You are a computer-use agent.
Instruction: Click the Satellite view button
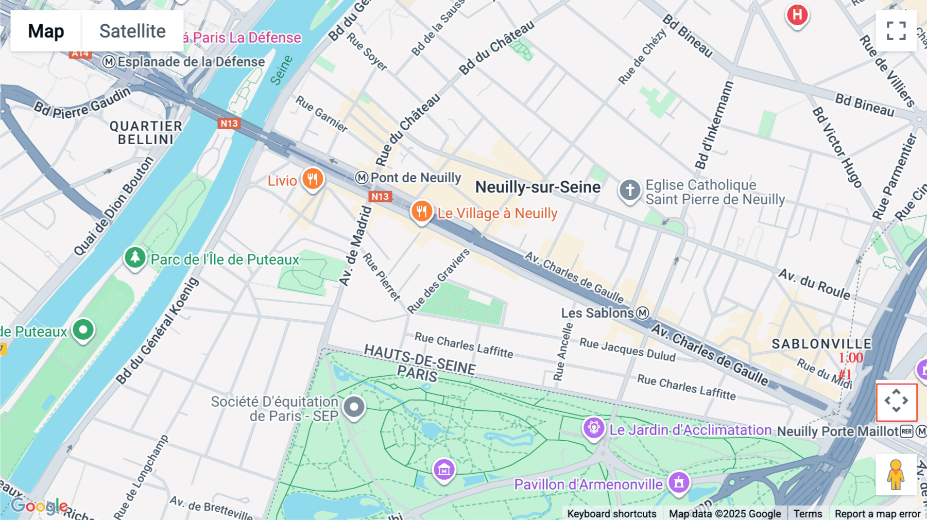(132, 31)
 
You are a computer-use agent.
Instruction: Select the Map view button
(46, 31)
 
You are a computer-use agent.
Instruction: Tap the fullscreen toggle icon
(896, 31)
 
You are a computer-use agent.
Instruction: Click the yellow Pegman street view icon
(896, 474)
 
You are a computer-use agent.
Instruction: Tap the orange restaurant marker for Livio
(312, 179)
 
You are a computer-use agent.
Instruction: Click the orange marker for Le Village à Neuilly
(421, 211)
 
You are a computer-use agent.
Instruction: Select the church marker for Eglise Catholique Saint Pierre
(629, 190)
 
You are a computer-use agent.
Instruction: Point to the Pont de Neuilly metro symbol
(362, 178)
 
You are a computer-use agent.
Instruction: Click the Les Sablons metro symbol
(642, 313)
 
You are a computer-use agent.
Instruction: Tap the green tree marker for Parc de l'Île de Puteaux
(135, 257)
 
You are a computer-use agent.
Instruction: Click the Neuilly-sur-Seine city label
(538, 187)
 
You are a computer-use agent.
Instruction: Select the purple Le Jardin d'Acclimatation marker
(593, 428)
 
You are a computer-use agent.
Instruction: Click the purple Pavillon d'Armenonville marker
(679, 483)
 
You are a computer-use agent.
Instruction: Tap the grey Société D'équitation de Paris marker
(354, 407)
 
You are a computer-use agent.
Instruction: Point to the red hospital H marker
(797, 15)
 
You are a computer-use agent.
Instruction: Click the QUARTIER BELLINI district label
(146, 133)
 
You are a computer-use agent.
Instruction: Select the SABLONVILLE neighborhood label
(821, 344)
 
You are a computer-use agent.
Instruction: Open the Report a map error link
(877, 513)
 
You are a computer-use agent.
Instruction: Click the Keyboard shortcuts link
(611, 513)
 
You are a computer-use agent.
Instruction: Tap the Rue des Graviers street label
(438, 281)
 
